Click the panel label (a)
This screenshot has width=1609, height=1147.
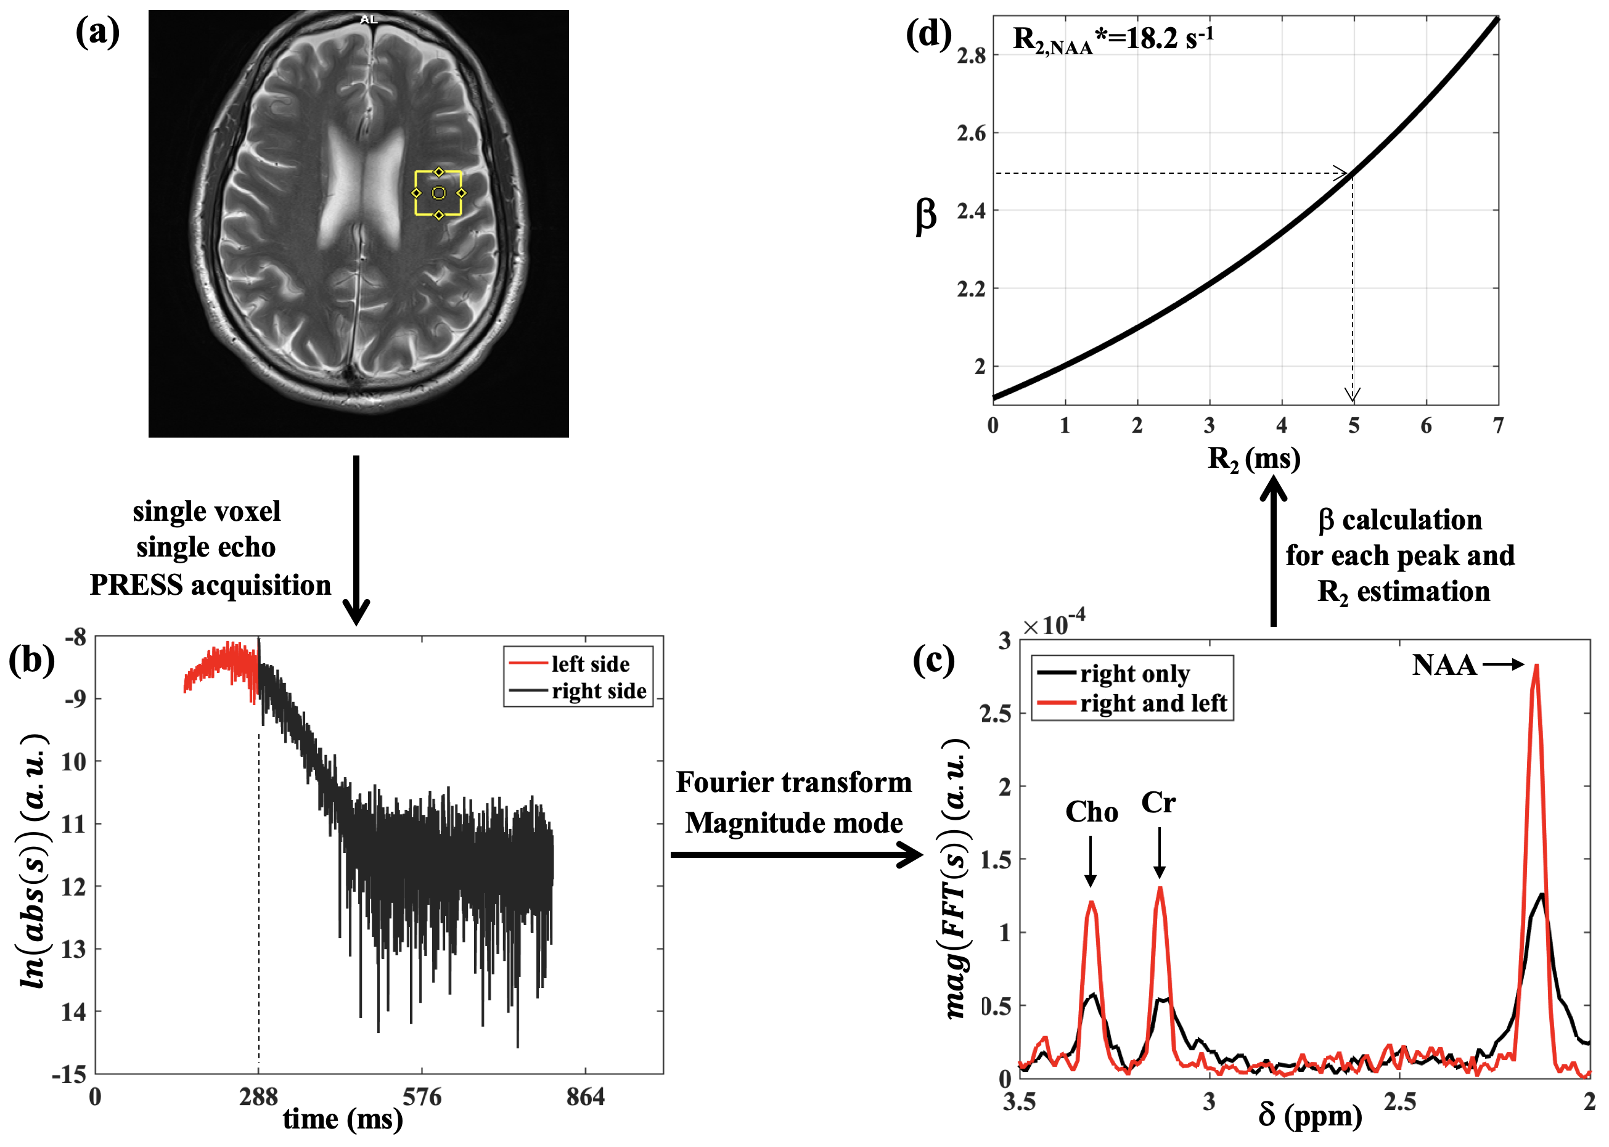pyautogui.click(x=97, y=32)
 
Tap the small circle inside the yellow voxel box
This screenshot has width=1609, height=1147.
pyautogui.click(x=439, y=193)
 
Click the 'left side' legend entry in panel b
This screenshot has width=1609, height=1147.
pyautogui.click(x=590, y=664)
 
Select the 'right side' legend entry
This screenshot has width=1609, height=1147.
pyautogui.click(x=598, y=691)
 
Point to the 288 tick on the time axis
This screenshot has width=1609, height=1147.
pyautogui.click(x=258, y=1097)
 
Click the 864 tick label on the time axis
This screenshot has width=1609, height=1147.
pyautogui.click(x=586, y=1097)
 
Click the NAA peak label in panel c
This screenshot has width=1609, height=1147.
pyautogui.click(x=1444, y=665)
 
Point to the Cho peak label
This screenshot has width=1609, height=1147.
pyautogui.click(x=1091, y=812)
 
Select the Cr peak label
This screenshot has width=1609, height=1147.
pyautogui.click(x=1158, y=803)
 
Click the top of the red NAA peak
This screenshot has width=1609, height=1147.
pyautogui.click(x=1536, y=666)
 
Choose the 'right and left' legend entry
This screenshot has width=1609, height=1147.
pyautogui.click(x=1153, y=703)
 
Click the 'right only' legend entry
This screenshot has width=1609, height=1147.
pyautogui.click(x=1134, y=674)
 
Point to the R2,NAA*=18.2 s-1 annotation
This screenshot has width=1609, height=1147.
pyautogui.click(x=1113, y=38)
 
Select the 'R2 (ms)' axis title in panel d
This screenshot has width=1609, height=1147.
pyautogui.click(x=1254, y=459)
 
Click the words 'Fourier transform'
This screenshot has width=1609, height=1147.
pyautogui.click(x=794, y=782)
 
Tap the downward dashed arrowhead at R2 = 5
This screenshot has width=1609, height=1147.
pyautogui.click(x=1353, y=396)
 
